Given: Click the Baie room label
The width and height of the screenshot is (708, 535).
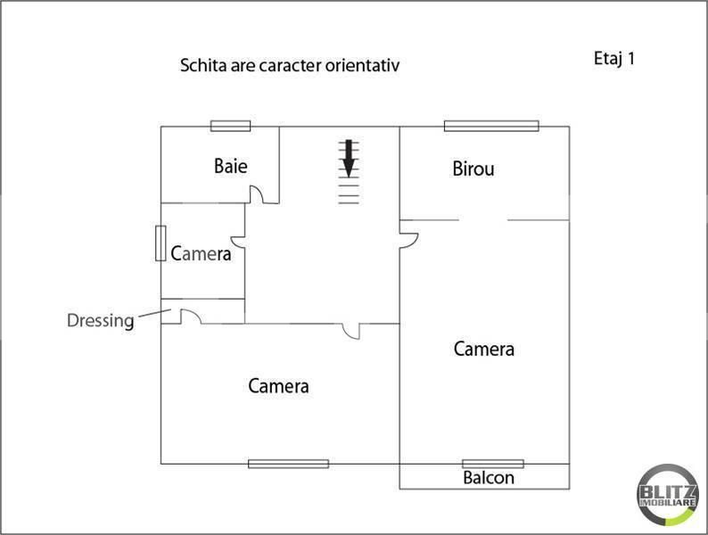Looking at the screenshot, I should [x=230, y=166].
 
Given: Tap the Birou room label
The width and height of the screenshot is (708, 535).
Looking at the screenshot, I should [x=473, y=169].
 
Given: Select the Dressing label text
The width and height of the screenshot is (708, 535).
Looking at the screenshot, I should [x=100, y=320].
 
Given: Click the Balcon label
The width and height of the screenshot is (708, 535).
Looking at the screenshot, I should [x=488, y=478].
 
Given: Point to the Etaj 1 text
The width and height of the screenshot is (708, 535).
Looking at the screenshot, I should [x=613, y=59].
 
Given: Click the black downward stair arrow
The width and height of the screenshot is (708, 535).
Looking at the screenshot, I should [x=349, y=158].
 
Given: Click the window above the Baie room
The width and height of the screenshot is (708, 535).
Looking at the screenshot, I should [x=230, y=126].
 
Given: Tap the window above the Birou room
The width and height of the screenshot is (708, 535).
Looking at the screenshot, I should [x=491, y=126].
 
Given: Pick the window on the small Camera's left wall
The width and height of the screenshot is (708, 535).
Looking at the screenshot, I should [x=161, y=243].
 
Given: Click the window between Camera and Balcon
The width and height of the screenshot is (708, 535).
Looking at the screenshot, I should [x=492, y=464].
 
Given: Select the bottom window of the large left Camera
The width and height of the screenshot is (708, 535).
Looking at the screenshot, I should [x=288, y=464].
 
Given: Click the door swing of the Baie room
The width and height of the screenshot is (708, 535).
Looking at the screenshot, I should [x=256, y=194].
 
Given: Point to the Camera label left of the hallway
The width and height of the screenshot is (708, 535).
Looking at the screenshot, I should [x=201, y=254].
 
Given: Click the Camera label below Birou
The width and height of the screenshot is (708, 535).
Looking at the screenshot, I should [x=483, y=349].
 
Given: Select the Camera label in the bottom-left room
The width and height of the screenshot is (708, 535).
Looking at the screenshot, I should [x=278, y=386].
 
